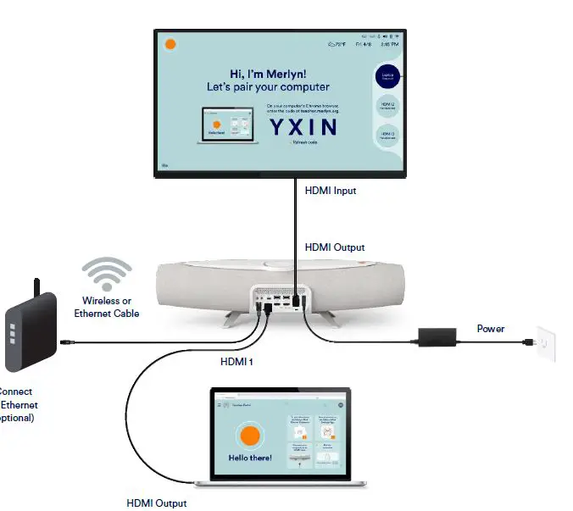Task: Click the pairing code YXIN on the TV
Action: coord(303,127)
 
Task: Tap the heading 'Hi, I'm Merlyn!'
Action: coord(268,73)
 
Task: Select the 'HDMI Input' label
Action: coord(331,191)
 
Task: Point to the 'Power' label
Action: coord(491,328)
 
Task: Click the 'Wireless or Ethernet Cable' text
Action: coord(106,307)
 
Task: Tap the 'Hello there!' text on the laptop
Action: coord(250,458)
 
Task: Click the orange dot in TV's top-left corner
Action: coord(170,44)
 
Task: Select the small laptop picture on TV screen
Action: coord(227,125)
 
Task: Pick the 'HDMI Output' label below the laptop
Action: coord(157,503)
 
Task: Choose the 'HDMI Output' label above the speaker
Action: coord(335,247)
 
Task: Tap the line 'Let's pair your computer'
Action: coord(268,86)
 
